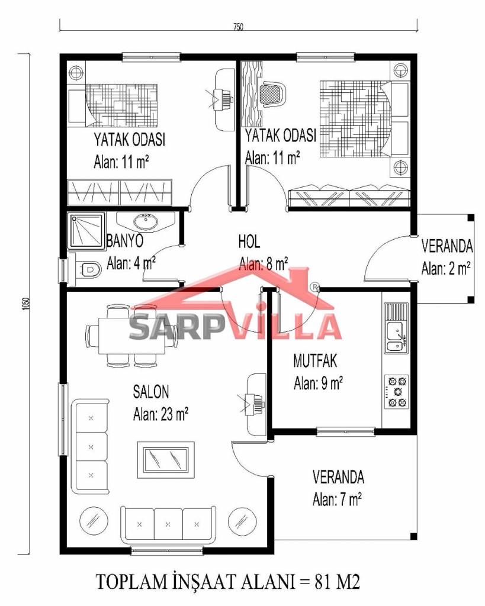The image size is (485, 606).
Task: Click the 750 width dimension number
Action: [x=238, y=27]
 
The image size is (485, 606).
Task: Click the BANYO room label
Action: [x=125, y=241]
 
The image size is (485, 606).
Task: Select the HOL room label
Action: [x=249, y=241]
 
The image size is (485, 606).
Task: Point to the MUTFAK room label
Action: [x=315, y=360]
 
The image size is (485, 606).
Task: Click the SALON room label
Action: [x=151, y=392]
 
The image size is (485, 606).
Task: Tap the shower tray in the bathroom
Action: [x=86, y=230]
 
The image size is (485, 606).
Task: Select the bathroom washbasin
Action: [x=146, y=223]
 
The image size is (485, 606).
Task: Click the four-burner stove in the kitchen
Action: [x=396, y=392]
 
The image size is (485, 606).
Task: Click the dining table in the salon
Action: [x=132, y=336]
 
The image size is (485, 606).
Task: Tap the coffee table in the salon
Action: [x=166, y=459]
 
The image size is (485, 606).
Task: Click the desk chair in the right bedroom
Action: [x=274, y=93]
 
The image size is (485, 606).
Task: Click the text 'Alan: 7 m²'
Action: [x=337, y=499]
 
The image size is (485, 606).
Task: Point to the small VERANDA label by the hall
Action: [x=447, y=246]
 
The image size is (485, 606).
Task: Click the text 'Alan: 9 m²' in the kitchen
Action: [x=318, y=383]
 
